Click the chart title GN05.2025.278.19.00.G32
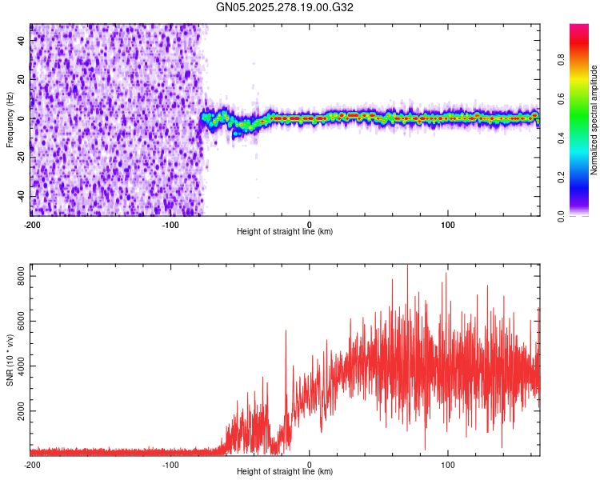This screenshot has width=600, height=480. click(285, 7)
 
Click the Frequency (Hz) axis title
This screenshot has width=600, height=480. click(10, 120)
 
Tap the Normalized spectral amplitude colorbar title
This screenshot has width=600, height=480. click(594, 120)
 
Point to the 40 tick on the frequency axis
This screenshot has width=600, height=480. click(22, 40)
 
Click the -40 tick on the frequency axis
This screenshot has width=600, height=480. click(20, 196)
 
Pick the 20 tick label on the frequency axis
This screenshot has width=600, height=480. click(22, 79)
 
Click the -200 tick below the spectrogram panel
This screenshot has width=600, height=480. click(32, 224)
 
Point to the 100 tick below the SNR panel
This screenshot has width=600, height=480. click(448, 464)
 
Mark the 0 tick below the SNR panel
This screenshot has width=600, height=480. click(310, 464)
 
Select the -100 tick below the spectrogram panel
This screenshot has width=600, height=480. click(170, 224)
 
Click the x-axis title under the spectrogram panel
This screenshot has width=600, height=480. click(285, 232)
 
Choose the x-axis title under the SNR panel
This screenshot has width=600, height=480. click(285, 472)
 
